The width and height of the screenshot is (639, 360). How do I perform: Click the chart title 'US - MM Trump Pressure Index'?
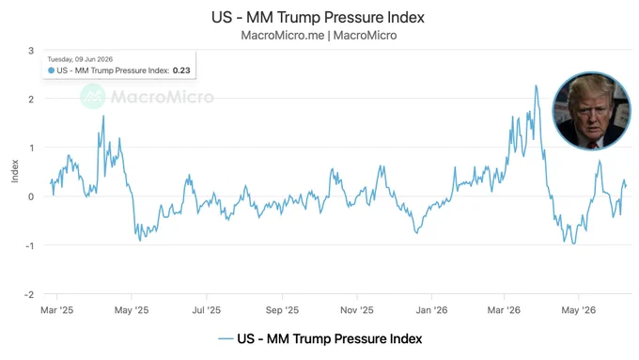318,17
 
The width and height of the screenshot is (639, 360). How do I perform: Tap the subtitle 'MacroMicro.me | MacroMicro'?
319,36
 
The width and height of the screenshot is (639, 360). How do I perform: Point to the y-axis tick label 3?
31,51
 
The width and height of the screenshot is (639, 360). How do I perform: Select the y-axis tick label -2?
29,294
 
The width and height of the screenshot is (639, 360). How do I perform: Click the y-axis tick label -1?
29,245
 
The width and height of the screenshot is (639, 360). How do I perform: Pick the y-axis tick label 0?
31,196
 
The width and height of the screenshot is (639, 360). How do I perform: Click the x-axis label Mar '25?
57,310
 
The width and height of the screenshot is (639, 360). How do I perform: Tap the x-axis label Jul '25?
206,310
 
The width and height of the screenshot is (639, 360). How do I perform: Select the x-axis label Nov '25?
357,310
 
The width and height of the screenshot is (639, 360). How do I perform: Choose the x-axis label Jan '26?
431,310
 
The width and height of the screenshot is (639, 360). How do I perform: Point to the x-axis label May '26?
579,310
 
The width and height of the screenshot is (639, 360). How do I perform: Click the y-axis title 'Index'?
15,171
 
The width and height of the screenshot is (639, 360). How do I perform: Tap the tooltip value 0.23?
181,70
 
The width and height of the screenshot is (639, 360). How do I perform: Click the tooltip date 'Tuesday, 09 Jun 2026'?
80,59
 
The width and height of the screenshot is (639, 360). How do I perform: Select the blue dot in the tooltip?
52,70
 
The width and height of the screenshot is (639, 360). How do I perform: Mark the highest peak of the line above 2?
536,86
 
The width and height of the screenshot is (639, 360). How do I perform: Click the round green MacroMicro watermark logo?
93,97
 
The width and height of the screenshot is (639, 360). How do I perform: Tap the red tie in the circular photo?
592,145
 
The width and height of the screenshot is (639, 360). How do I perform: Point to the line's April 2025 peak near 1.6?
103,117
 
